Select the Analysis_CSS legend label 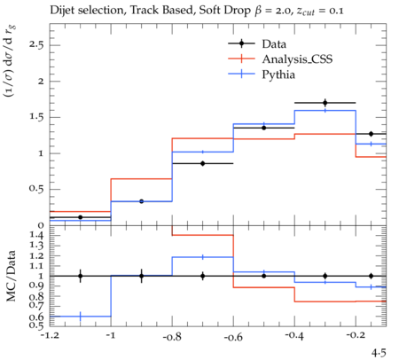(297, 59)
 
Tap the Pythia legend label (278, 74)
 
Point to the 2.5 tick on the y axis (36, 45)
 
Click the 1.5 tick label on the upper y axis (36, 117)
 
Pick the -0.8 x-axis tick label (172, 336)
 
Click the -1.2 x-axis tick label (50, 336)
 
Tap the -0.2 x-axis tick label (356, 336)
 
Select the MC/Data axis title (11, 276)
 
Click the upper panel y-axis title (10, 61)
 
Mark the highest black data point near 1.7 (325, 103)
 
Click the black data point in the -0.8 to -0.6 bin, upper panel (203, 163)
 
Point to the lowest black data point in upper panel (80, 217)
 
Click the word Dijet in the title (62, 11)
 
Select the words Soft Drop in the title (224, 11)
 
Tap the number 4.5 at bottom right (379, 353)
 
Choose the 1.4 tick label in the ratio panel (36, 236)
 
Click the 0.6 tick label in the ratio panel (36, 317)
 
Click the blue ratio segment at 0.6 (80, 317)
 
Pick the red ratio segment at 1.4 (203, 235)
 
